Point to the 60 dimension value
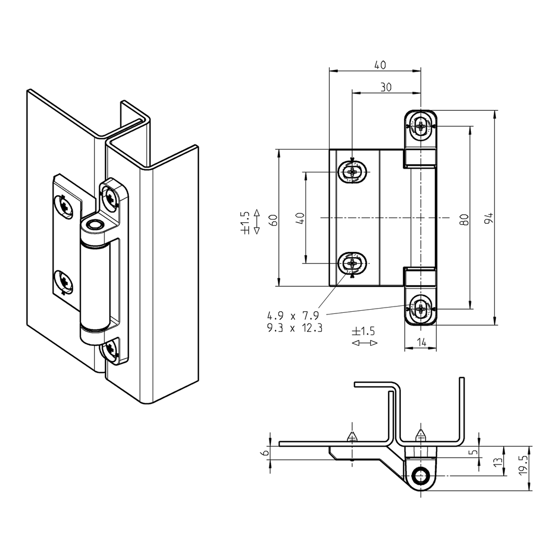tap(273, 220)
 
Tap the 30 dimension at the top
tap(386, 87)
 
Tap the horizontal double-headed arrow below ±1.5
tap(364, 343)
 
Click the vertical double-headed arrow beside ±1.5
tap(257, 222)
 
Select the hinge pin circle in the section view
tap(422, 475)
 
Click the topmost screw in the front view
tap(421, 127)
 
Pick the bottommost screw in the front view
tap(421, 308)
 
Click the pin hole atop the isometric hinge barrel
tap(95, 225)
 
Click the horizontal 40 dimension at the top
tap(380, 65)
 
